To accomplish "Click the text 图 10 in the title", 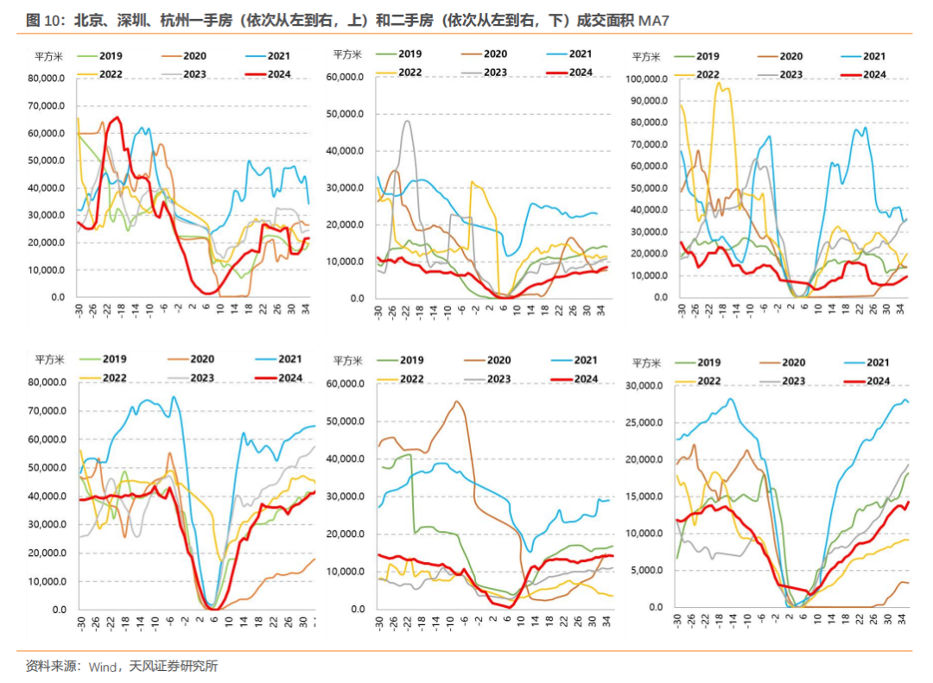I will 44,20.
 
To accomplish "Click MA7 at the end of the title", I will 653,20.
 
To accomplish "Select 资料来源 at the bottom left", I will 50,666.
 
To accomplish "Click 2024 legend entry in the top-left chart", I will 279,74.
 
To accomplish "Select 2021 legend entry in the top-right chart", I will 874,56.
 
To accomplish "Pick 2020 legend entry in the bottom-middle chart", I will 498,360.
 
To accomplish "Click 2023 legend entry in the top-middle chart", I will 495,73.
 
